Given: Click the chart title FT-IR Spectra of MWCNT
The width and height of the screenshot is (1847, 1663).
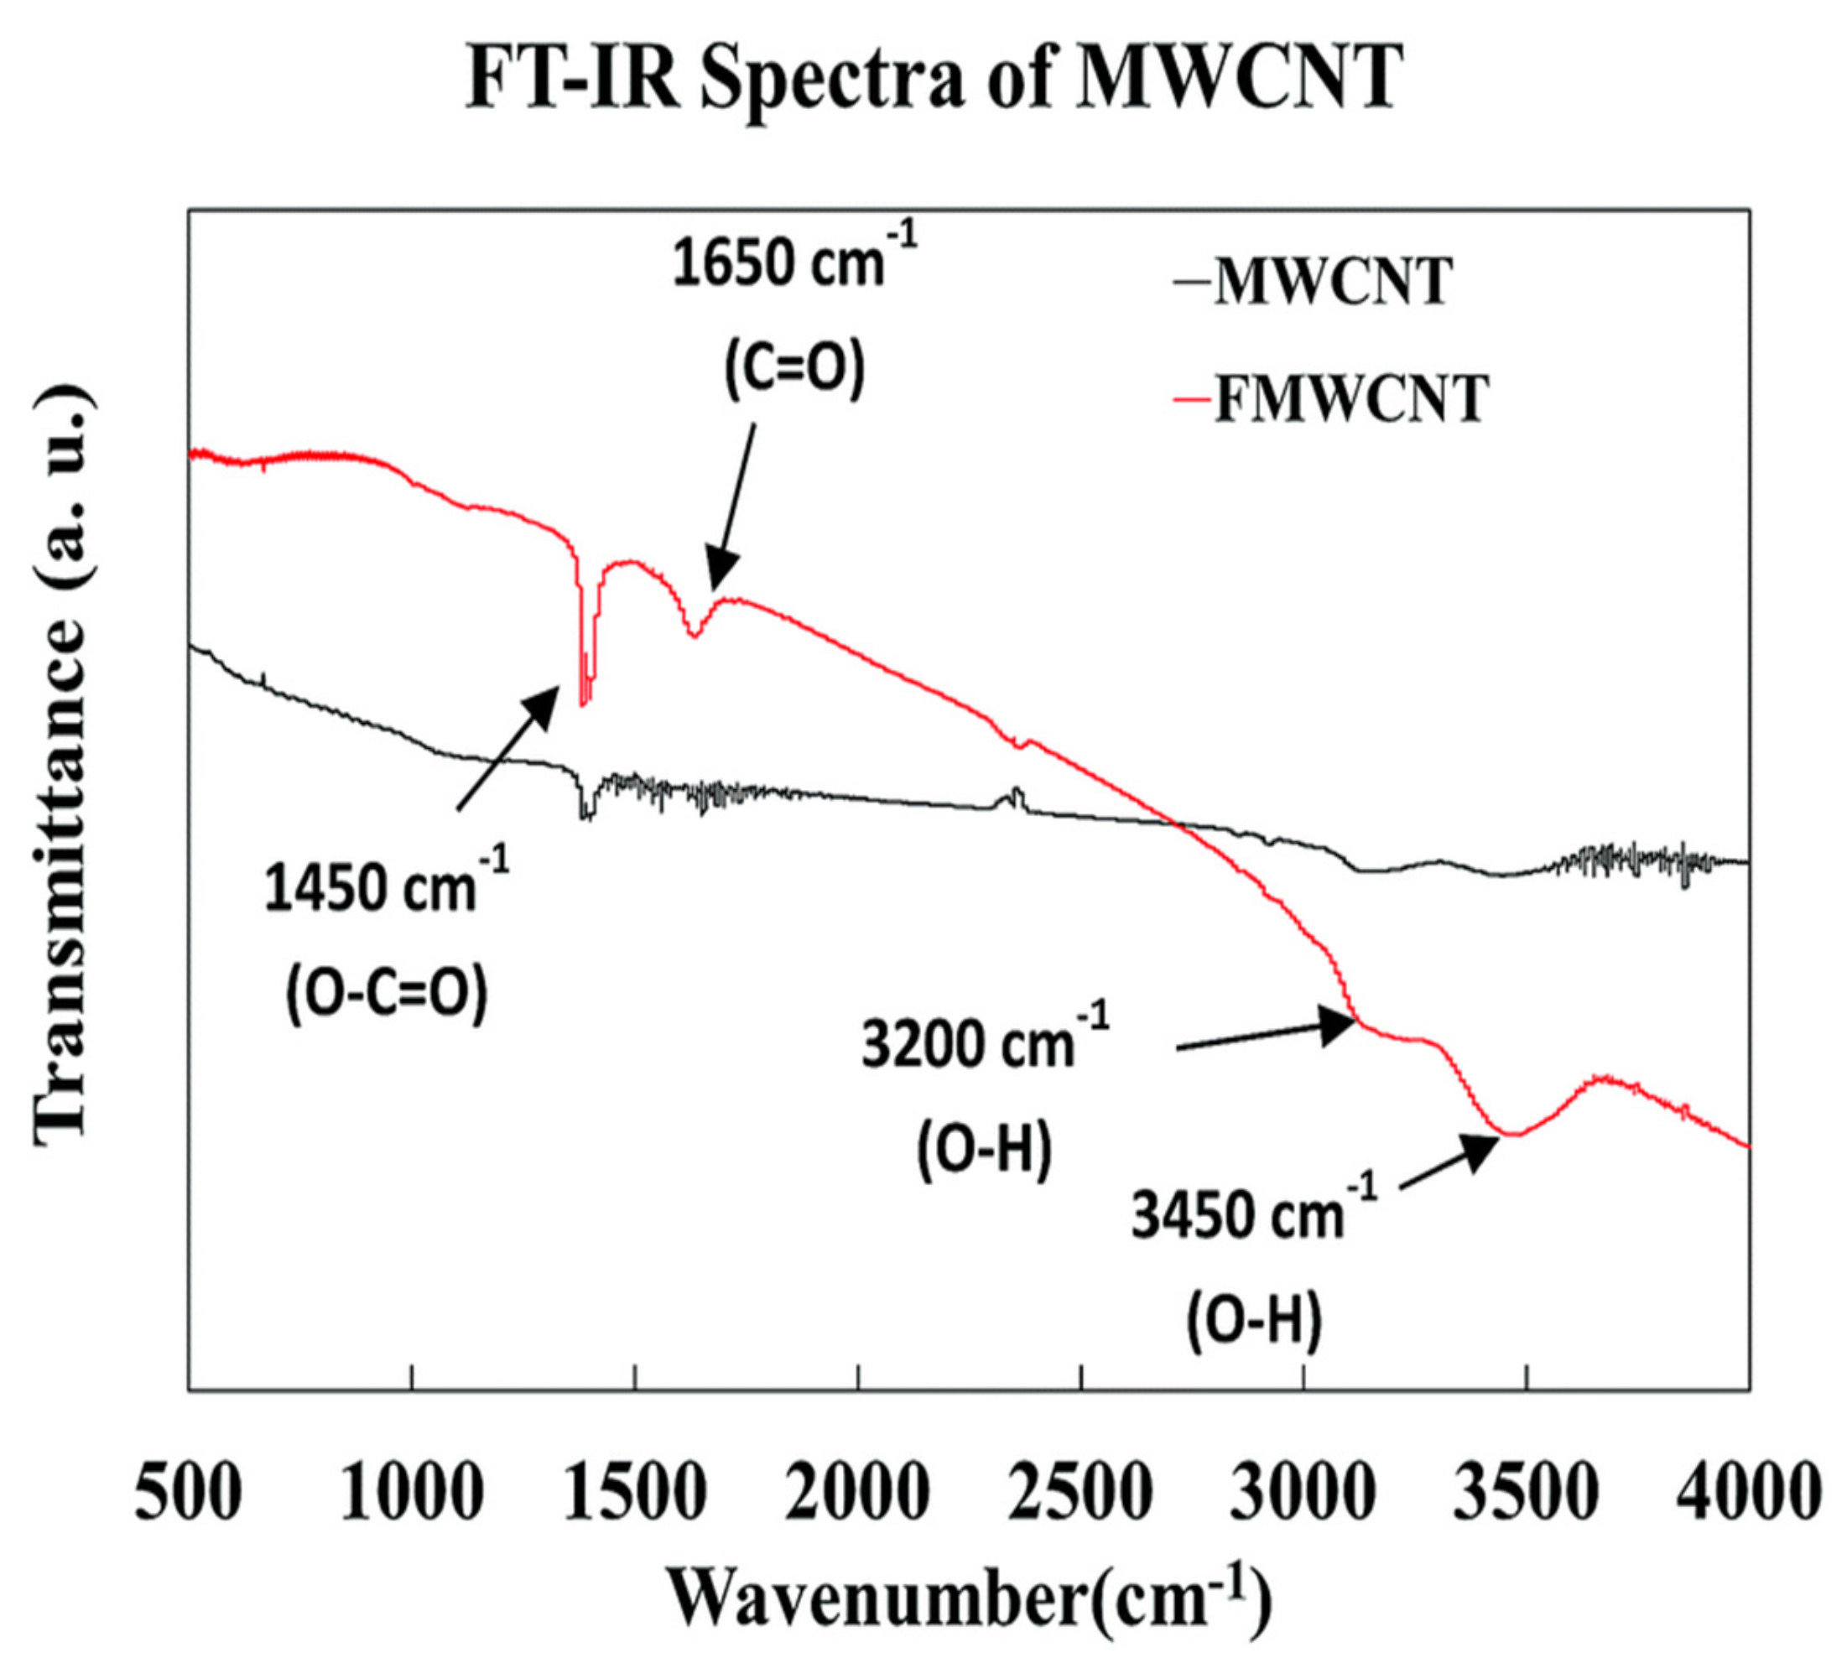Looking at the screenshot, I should [932, 78].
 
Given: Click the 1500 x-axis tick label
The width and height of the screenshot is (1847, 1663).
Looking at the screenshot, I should [634, 1491].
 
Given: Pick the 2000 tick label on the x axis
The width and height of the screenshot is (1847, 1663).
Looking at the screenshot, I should [857, 1491].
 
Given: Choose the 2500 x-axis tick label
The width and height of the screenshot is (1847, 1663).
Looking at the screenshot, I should [1080, 1491].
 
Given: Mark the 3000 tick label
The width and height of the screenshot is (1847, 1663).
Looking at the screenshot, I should [1303, 1491].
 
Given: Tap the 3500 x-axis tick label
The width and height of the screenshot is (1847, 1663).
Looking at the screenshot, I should [1527, 1491].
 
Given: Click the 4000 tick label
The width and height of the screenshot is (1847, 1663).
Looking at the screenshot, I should [1747, 1491].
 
